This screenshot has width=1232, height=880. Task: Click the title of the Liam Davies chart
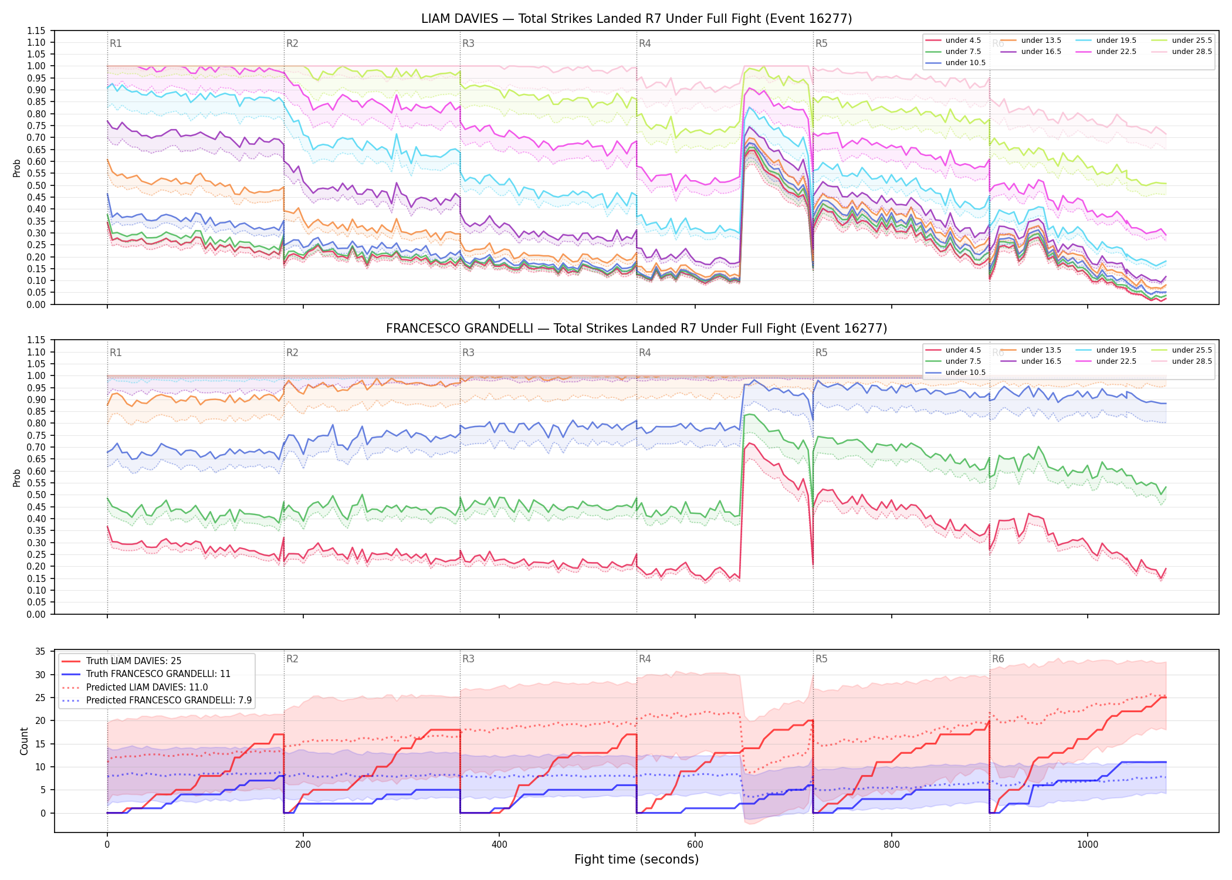tap(637, 19)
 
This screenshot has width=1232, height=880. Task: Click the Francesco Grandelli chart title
tap(637, 329)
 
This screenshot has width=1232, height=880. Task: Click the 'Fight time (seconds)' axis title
tap(637, 859)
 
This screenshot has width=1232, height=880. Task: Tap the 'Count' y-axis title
tap(24, 741)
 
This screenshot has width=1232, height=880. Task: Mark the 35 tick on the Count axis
tap(40, 651)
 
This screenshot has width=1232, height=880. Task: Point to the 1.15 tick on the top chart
tap(36, 31)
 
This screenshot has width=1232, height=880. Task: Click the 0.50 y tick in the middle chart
tap(36, 495)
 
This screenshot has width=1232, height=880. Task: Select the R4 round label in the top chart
tap(645, 43)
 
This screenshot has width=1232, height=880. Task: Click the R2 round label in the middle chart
tap(292, 353)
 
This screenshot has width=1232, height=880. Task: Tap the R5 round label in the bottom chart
tap(821, 659)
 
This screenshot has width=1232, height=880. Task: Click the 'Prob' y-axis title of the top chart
tap(17, 168)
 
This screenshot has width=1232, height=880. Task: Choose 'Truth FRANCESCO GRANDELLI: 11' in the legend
tap(158, 674)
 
